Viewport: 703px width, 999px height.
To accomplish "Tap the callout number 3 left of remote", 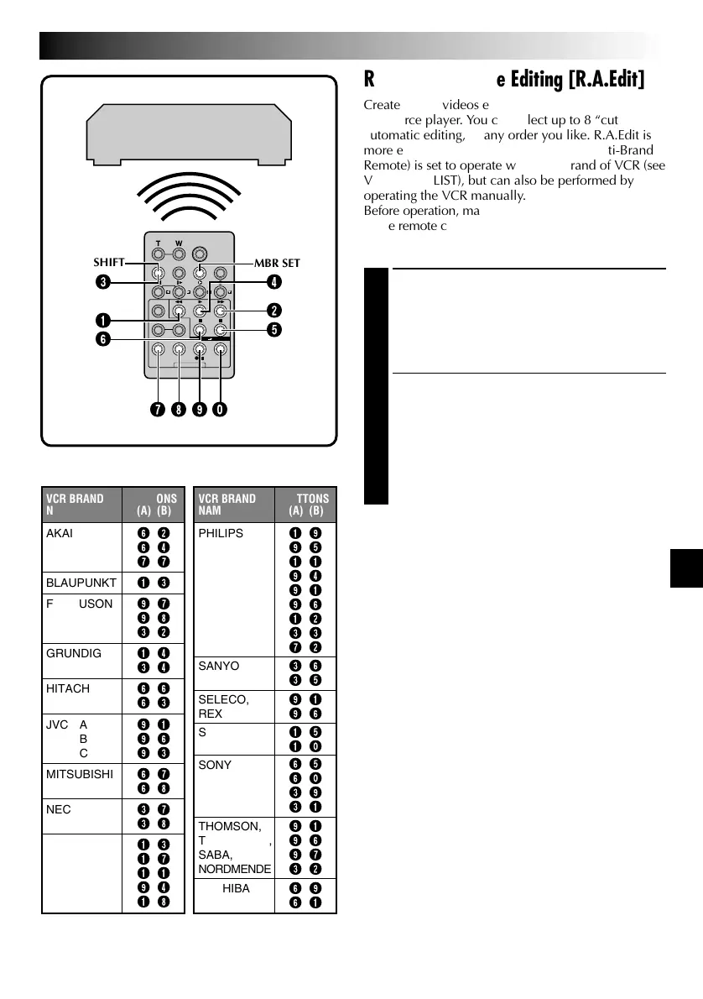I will [x=102, y=282].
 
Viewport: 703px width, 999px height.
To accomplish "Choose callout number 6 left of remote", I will [x=102, y=338].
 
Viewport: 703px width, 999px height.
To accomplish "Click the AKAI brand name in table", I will [x=61, y=533].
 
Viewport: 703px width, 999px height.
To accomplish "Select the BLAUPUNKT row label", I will [x=80, y=580].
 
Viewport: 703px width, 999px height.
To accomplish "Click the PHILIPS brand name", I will [x=220, y=533].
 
